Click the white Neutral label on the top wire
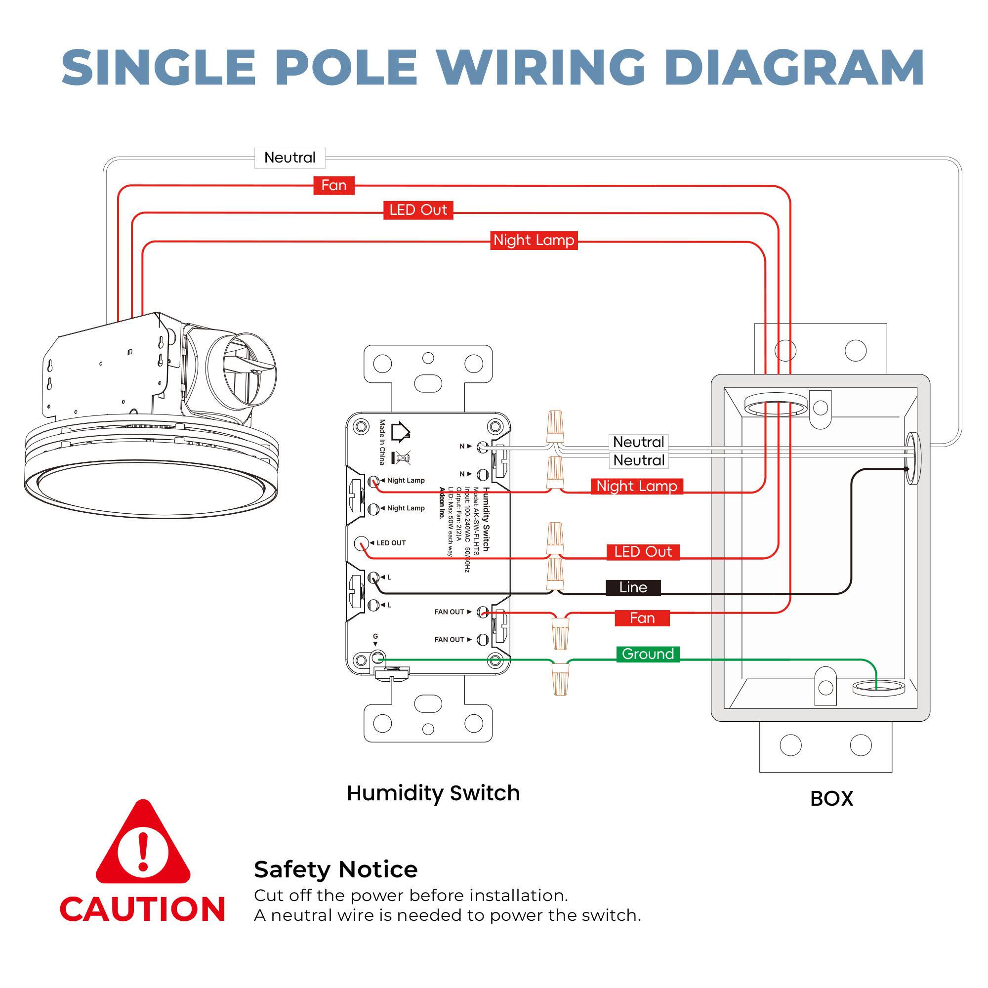[x=289, y=158]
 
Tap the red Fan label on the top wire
[x=333, y=185]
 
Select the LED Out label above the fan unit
[x=418, y=209]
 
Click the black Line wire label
[x=633, y=587]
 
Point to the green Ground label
[x=648, y=654]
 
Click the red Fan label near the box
[x=642, y=618]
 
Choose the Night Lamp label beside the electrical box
[x=636, y=486]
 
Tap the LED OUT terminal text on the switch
[x=391, y=543]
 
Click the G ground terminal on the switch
[x=377, y=657]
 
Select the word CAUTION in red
[x=143, y=910]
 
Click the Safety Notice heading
[x=335, y=870]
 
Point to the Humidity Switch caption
[x=433, y=793]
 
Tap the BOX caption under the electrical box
[x=831, y=799]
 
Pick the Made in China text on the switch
[x=382, y=442]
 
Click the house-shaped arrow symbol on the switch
[x=401, y=432]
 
